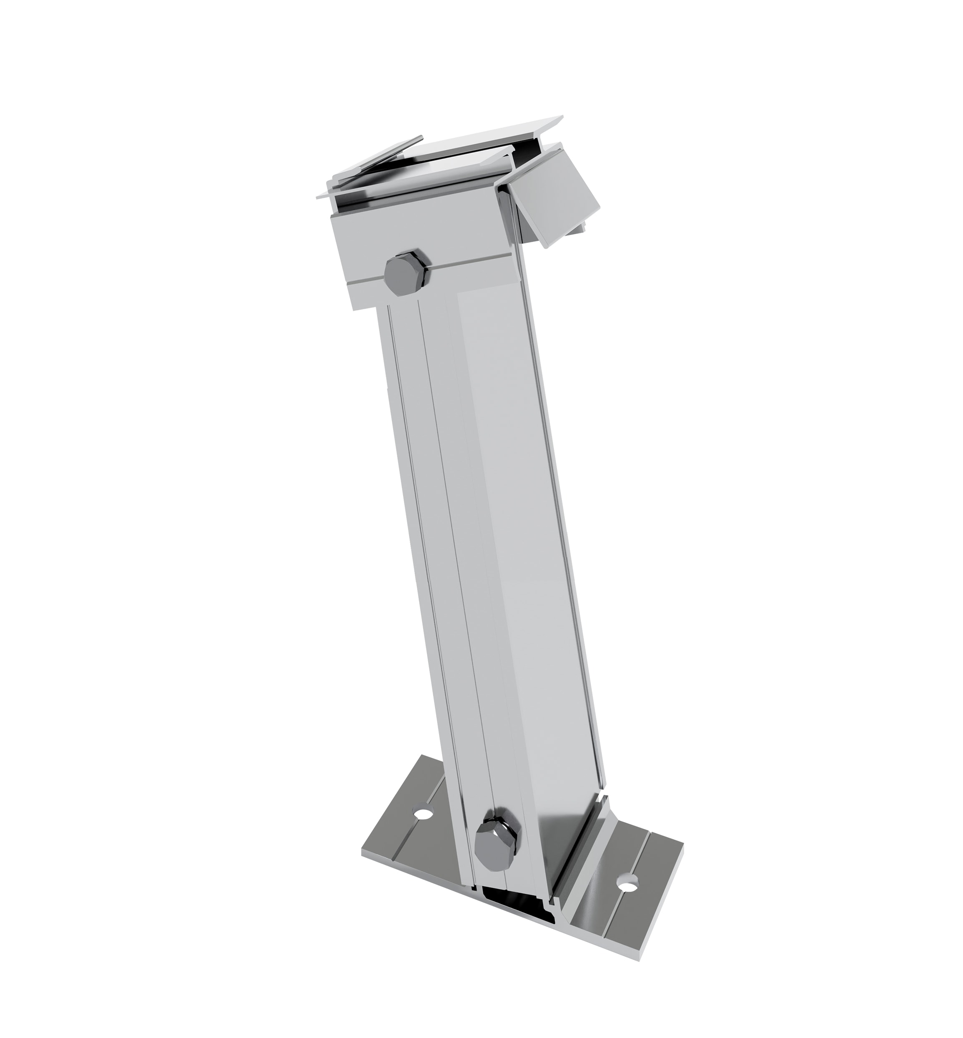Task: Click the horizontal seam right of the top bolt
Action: click(x=469, y=267)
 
